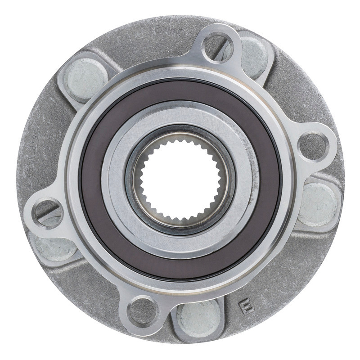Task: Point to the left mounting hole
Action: point(47,212)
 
